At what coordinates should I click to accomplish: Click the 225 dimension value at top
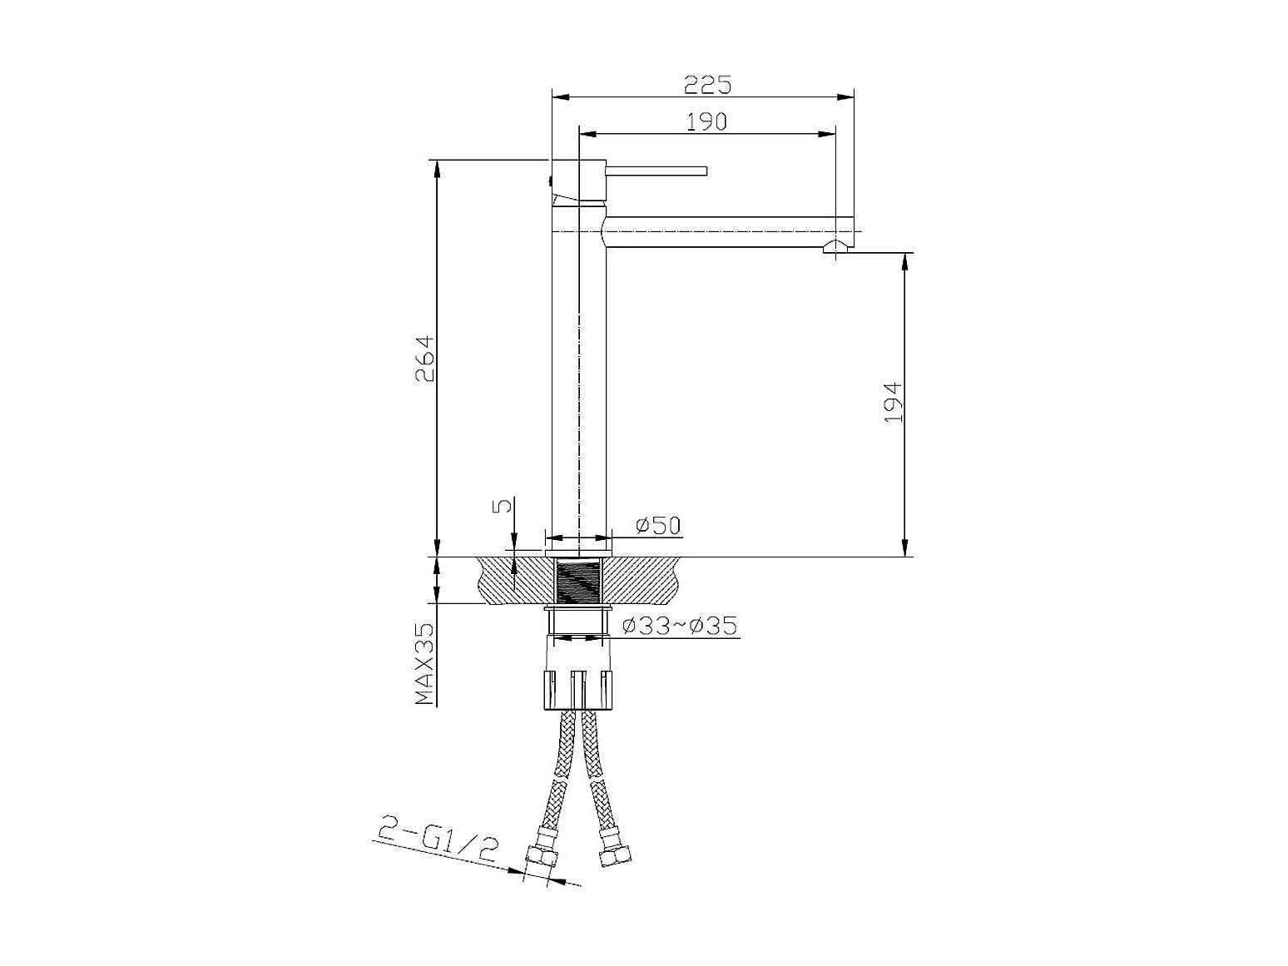[708, 85]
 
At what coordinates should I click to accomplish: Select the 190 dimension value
[706, 121]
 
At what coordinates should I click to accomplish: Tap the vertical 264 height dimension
[424, 359]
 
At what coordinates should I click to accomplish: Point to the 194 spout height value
[893, 402]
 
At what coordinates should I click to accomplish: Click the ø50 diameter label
[658, 525]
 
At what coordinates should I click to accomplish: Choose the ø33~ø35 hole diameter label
[680, 626]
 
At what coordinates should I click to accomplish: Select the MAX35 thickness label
[424, 663]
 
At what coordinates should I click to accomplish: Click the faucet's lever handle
[656, 171]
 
